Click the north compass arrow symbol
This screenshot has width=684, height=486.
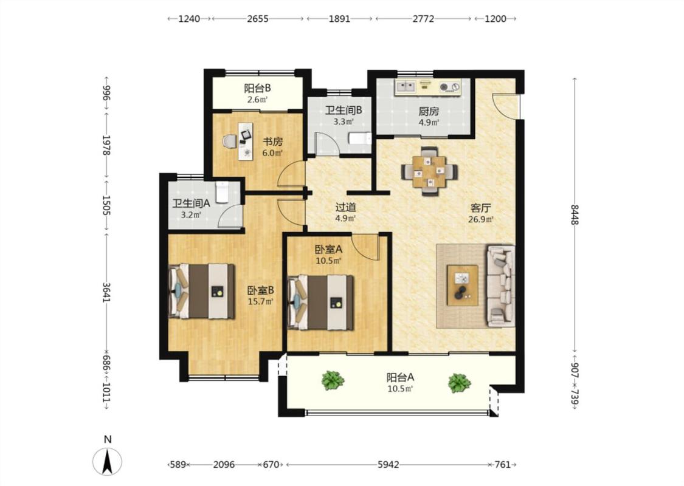tap(107, 461)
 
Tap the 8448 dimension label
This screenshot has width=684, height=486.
tap(575, 214)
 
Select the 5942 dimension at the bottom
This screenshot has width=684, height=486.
tap(389, 465)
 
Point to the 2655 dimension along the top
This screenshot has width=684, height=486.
tap(257, 19)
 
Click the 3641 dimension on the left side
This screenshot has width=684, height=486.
tap(106, 292)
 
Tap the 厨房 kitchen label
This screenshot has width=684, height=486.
tap(429, 111)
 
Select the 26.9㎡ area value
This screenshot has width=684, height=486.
tap(481, 219)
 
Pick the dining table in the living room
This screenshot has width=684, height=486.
tap(430, 171)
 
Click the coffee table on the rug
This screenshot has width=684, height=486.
tap(463, 285)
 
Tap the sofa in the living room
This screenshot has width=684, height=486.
tap(501, 286)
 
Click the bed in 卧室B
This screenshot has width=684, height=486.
tap(202, 291)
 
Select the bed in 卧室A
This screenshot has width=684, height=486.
tap(320, 303)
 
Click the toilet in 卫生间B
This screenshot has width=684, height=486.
tap(360, 139)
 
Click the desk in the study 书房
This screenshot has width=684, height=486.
tap(246, 141)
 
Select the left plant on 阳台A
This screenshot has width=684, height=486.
tap(333, 380)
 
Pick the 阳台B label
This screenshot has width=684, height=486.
tap(257, 88)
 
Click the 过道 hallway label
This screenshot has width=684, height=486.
tap(345, 207)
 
